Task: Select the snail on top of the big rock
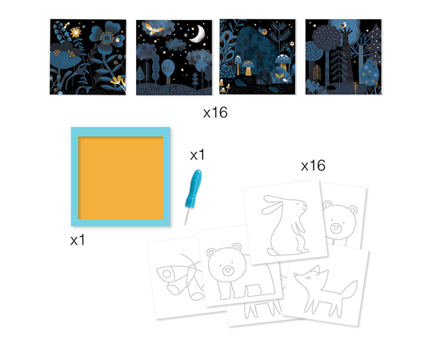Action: [x=264, y=31]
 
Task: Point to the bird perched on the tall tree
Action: [x=343, y=26]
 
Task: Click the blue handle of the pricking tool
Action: [x=194, y=188]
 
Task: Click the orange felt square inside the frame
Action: [x=121, y=178]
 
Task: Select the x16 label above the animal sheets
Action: [x=313, y=166]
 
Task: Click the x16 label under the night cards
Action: [x=215, y=113]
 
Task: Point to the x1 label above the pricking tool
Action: [x=198, y=155]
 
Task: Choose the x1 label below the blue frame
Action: [x=78, y=240]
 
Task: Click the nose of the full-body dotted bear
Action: [x=227, y=270]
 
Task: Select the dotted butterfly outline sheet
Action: [x=179, y=278]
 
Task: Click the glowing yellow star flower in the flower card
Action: [x=76, y=32]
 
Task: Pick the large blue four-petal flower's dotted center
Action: [x=107, y=38]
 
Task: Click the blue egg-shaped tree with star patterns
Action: [x=369, y=72]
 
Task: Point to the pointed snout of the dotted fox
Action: [x=296, y=276]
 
